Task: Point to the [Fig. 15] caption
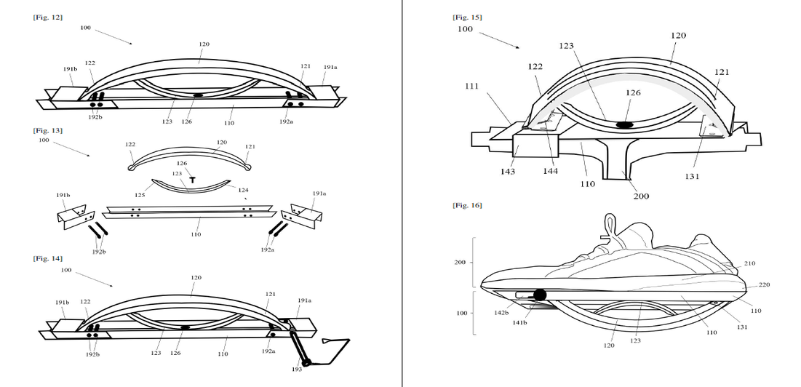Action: click(466, 17)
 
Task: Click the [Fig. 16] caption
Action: click(466, 206)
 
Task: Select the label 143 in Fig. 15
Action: click(507, 172)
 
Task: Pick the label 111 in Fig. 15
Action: click(471, 87)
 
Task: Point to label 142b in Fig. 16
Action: click(501, 312)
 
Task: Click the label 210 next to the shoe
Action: click(749, 263)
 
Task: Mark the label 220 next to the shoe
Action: click(764, 284)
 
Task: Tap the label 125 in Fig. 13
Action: click(140, 195)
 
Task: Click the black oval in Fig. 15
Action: click(624, 125)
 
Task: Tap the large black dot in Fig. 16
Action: click(539, 295)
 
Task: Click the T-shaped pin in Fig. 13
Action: click(193, 179)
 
